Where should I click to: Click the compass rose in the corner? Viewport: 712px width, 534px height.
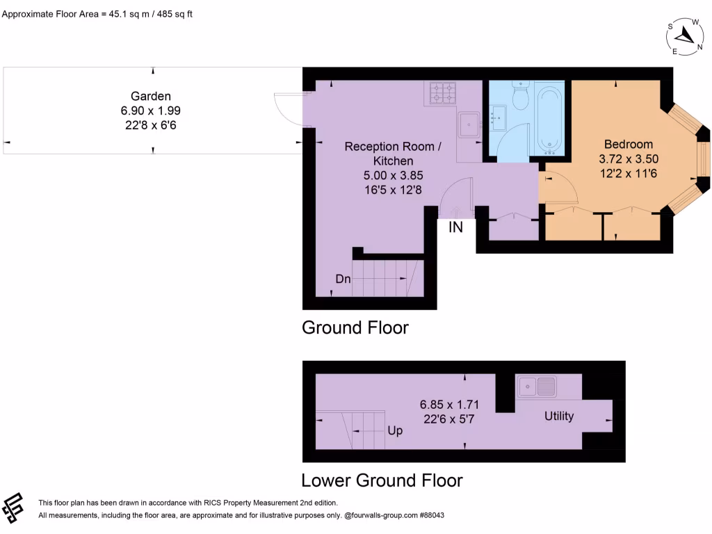[686, 36]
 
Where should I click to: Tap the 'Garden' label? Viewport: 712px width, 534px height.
[151, 97]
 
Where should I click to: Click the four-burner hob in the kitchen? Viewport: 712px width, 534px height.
[443, 95]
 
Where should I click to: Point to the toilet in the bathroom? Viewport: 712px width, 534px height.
[520, 96]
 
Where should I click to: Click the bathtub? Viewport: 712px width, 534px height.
[551, 120]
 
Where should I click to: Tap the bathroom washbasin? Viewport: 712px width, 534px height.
[498, 118]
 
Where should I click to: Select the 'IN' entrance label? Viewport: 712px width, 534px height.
[455, 227]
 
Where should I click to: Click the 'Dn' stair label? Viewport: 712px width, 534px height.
[343, 279]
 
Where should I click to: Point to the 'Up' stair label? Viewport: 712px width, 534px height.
[395, 430]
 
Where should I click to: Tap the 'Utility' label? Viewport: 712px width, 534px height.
[559, 416]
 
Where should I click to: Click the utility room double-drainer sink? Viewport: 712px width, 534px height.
[536, 385]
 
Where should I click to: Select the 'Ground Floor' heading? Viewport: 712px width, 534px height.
[355, 327]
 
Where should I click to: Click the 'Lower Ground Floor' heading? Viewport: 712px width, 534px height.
[382, 480]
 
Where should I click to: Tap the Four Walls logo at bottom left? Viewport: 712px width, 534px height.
[14, 508]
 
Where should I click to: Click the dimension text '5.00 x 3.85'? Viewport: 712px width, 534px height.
[393, 175]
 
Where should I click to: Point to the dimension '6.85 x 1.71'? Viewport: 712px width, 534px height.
[448, 404]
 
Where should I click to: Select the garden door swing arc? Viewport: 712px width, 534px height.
[287, 109]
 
